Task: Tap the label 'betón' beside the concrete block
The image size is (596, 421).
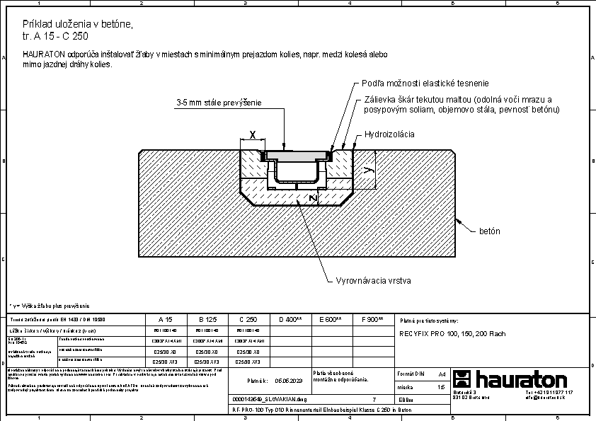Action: [490, 231]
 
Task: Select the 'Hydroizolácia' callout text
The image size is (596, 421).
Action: [389, 134]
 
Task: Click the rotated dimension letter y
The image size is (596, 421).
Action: [367, 170]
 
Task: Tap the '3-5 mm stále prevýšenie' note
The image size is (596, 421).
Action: [219, 103]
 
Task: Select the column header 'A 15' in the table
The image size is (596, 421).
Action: [164, 320]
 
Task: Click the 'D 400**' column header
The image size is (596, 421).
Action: [290, 320]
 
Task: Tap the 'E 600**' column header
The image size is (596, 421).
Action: [331, 320]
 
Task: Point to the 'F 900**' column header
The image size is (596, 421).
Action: [372, 320]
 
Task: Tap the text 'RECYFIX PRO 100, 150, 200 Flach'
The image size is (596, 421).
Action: [452, 333]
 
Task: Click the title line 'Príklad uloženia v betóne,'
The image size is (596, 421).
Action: [78, 24]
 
